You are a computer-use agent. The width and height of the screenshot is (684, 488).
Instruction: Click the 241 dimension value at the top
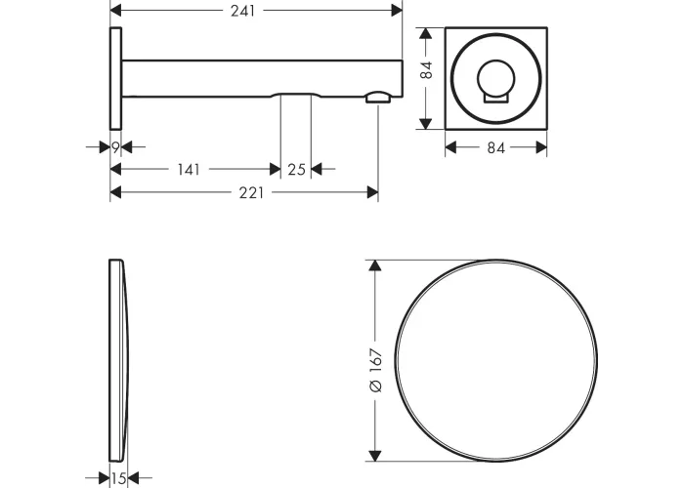242,11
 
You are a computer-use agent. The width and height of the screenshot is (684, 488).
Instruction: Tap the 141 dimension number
189,169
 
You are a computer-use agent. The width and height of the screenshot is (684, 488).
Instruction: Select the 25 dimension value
296,169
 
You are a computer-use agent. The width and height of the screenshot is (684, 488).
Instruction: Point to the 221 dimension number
251,192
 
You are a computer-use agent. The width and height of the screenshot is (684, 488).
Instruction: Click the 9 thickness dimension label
115,147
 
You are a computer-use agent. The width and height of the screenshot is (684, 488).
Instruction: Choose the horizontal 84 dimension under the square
495,148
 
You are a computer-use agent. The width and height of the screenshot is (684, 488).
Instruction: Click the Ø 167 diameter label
375,370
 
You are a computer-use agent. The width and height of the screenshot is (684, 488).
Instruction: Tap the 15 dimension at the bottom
118,478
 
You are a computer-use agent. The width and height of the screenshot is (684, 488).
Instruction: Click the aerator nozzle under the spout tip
379,97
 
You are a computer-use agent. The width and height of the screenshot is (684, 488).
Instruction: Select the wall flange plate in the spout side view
115,78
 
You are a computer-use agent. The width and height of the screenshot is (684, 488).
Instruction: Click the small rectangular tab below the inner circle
496,99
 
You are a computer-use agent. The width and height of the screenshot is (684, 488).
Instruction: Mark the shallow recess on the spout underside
297,95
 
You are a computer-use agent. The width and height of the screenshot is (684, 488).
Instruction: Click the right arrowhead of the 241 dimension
397,11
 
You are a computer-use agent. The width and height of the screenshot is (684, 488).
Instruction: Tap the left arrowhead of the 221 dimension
115,192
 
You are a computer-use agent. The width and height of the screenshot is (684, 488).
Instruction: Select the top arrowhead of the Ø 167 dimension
374,265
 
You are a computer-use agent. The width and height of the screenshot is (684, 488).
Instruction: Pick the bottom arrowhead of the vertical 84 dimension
425,124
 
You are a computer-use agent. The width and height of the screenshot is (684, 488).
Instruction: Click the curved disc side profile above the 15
118,360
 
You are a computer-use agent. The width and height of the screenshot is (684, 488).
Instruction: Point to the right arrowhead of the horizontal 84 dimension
541,147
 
